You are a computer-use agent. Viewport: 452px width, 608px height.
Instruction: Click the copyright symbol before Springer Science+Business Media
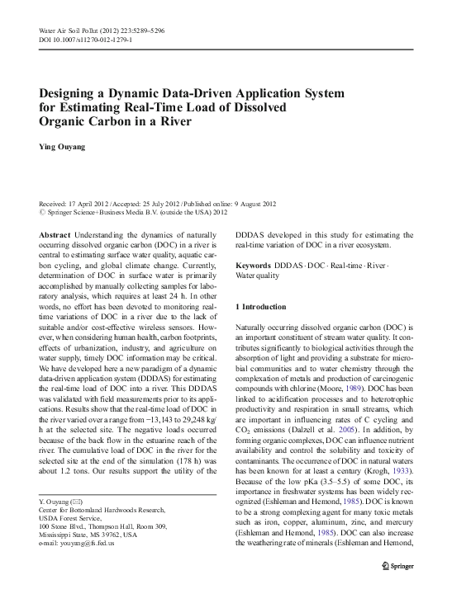pos(44,211)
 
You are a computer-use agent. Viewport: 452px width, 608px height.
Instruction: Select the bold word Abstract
pos(55,235)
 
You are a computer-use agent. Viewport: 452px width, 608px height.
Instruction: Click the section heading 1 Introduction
pos(261,307)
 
